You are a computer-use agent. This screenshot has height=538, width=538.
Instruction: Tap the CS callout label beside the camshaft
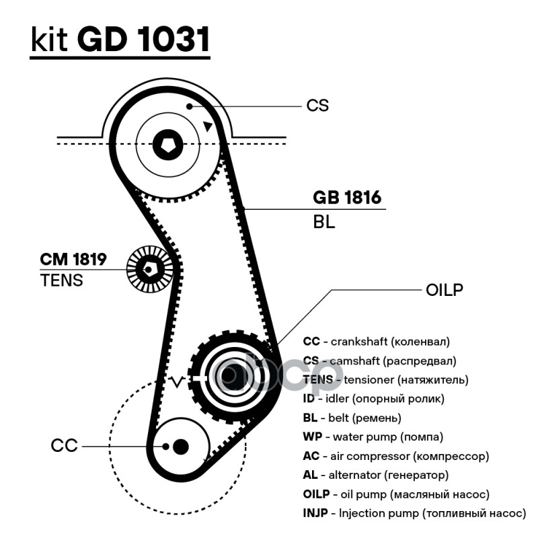pos(317,106)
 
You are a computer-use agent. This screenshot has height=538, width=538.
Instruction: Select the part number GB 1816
pos(347,198)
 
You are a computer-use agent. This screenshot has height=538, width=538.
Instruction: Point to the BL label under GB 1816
pos(323,222)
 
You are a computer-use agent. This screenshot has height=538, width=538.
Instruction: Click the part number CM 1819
pos(73,259)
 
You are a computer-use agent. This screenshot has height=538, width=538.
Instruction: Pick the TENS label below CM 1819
pos(62,280)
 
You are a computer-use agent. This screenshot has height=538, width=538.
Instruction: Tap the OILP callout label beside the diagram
pos(445,290)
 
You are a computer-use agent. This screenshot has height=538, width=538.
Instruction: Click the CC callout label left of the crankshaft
pos(64,445)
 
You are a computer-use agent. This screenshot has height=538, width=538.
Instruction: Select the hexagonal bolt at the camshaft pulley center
pos(167,143)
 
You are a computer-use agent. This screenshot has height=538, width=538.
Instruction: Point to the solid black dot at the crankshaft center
pos(180,446)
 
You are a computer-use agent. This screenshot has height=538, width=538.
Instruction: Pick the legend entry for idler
pos(374,399)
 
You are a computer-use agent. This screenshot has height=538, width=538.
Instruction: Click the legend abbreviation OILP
pos(317,494)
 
